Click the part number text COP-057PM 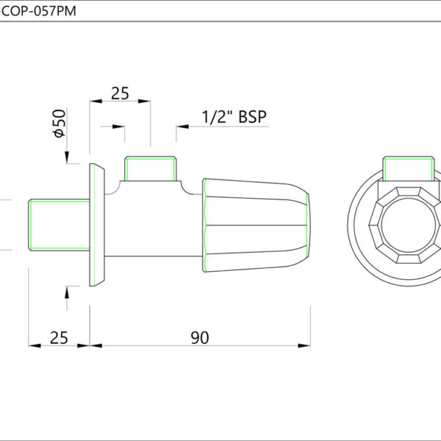39,11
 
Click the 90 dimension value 200,338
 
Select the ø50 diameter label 60,123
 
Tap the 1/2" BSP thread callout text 234,117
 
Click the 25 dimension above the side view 120,93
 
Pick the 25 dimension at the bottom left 59,338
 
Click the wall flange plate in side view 97,225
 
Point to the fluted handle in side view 257,226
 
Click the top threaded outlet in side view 151,169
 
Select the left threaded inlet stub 59,225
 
